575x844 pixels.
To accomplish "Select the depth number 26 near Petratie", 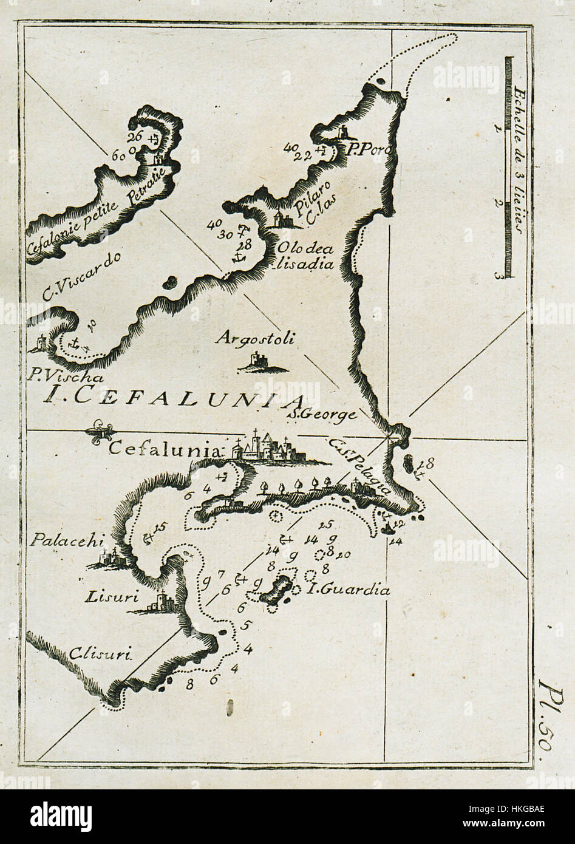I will [135, 137].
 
